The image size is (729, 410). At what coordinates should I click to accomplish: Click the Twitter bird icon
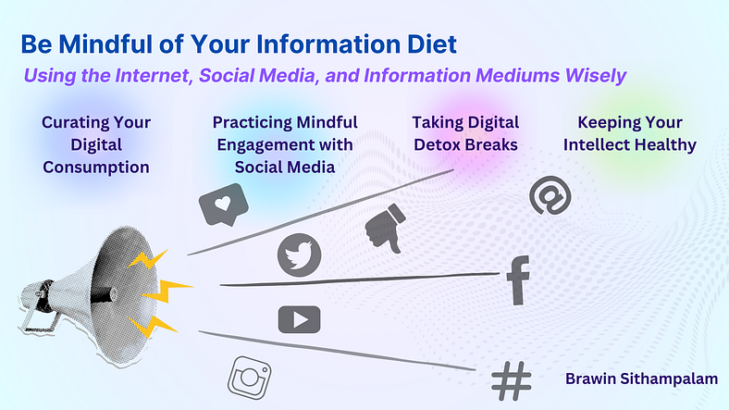tap(299, 255)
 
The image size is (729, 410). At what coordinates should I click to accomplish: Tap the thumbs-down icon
tap(385, 228)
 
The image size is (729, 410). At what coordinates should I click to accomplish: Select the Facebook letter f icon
tap(518, 280)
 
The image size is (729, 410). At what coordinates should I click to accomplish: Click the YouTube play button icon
tap(300, 320)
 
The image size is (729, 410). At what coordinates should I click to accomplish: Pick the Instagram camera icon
tap(250, 378)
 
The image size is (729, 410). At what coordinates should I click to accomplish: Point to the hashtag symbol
tap(512, 380)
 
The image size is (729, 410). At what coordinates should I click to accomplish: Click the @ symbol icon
tap(550, 195)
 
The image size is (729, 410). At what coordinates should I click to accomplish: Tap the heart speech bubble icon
tap(223, 205)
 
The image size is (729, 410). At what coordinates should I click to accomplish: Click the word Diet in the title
tap(432, 44)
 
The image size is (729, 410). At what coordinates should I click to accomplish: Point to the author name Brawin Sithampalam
tap(641, 379)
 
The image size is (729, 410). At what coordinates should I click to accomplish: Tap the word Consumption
tap(96, 167)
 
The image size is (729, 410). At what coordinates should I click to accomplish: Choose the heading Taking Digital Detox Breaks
tap(465, 133)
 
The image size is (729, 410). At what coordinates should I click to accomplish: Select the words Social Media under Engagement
tap(285, 167)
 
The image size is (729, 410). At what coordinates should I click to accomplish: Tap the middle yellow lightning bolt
tap(167, 292)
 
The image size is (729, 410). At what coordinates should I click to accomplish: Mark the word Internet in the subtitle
tap(154, 76)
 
